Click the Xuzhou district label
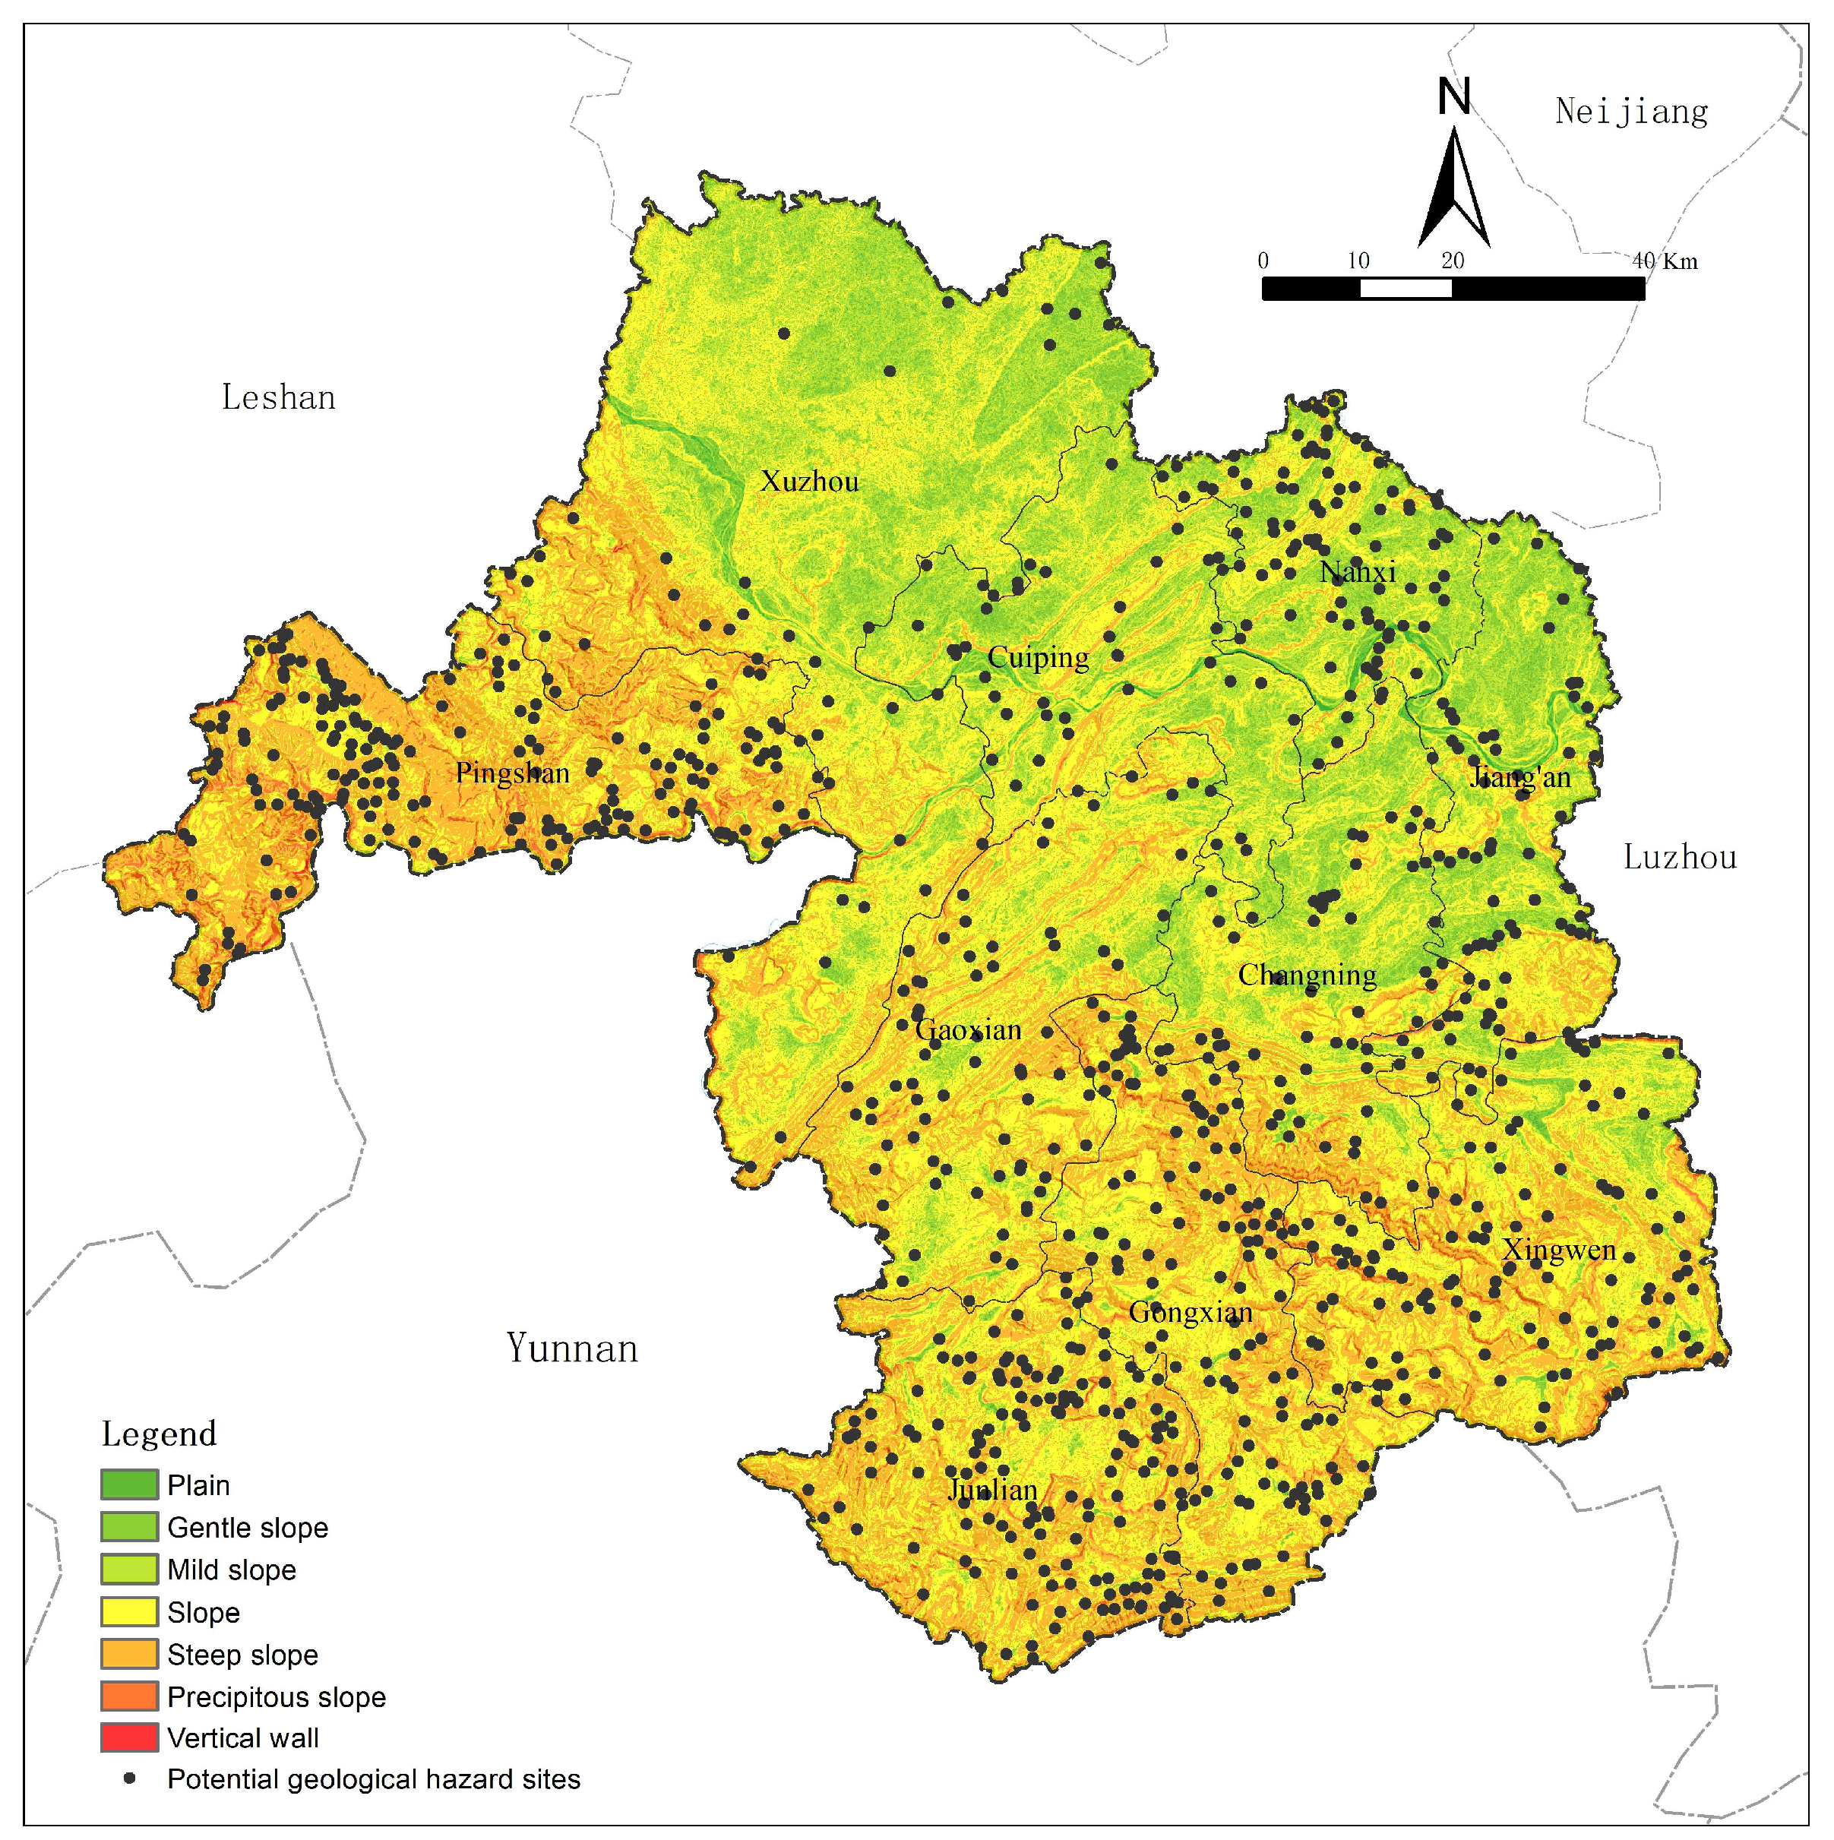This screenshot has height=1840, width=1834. [x=808, y=482]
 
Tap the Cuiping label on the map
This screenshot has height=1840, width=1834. [x=1037, y=657]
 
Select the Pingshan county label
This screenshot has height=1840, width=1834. [x=512, y=773]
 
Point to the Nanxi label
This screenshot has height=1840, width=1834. [x=1357, y=572]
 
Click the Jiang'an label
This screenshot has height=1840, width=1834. [x=1519, y=777]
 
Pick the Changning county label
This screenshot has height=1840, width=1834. [x=1307, y=975]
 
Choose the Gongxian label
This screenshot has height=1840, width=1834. [x=1191, y=1312]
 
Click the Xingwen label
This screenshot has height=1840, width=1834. [x=1559, y=1250]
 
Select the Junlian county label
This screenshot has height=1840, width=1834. [x=992, y=1490]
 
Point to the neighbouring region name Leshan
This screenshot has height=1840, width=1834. [x=278, y=397]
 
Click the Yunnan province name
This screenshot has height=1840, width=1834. [x=571, y=1348]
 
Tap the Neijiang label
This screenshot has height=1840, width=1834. [x=1631, y=112]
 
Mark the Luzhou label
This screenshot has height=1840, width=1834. [x=1680, y=858]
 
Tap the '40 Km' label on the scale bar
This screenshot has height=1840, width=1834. [x=1665, y=261]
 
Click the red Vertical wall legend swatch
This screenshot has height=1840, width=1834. [x=128, y=1737]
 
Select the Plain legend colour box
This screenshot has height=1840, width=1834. [x=128, y=1484]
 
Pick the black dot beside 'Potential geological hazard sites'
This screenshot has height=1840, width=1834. [x=129, y=1778]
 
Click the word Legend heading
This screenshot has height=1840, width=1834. [x=159, y=1434]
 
